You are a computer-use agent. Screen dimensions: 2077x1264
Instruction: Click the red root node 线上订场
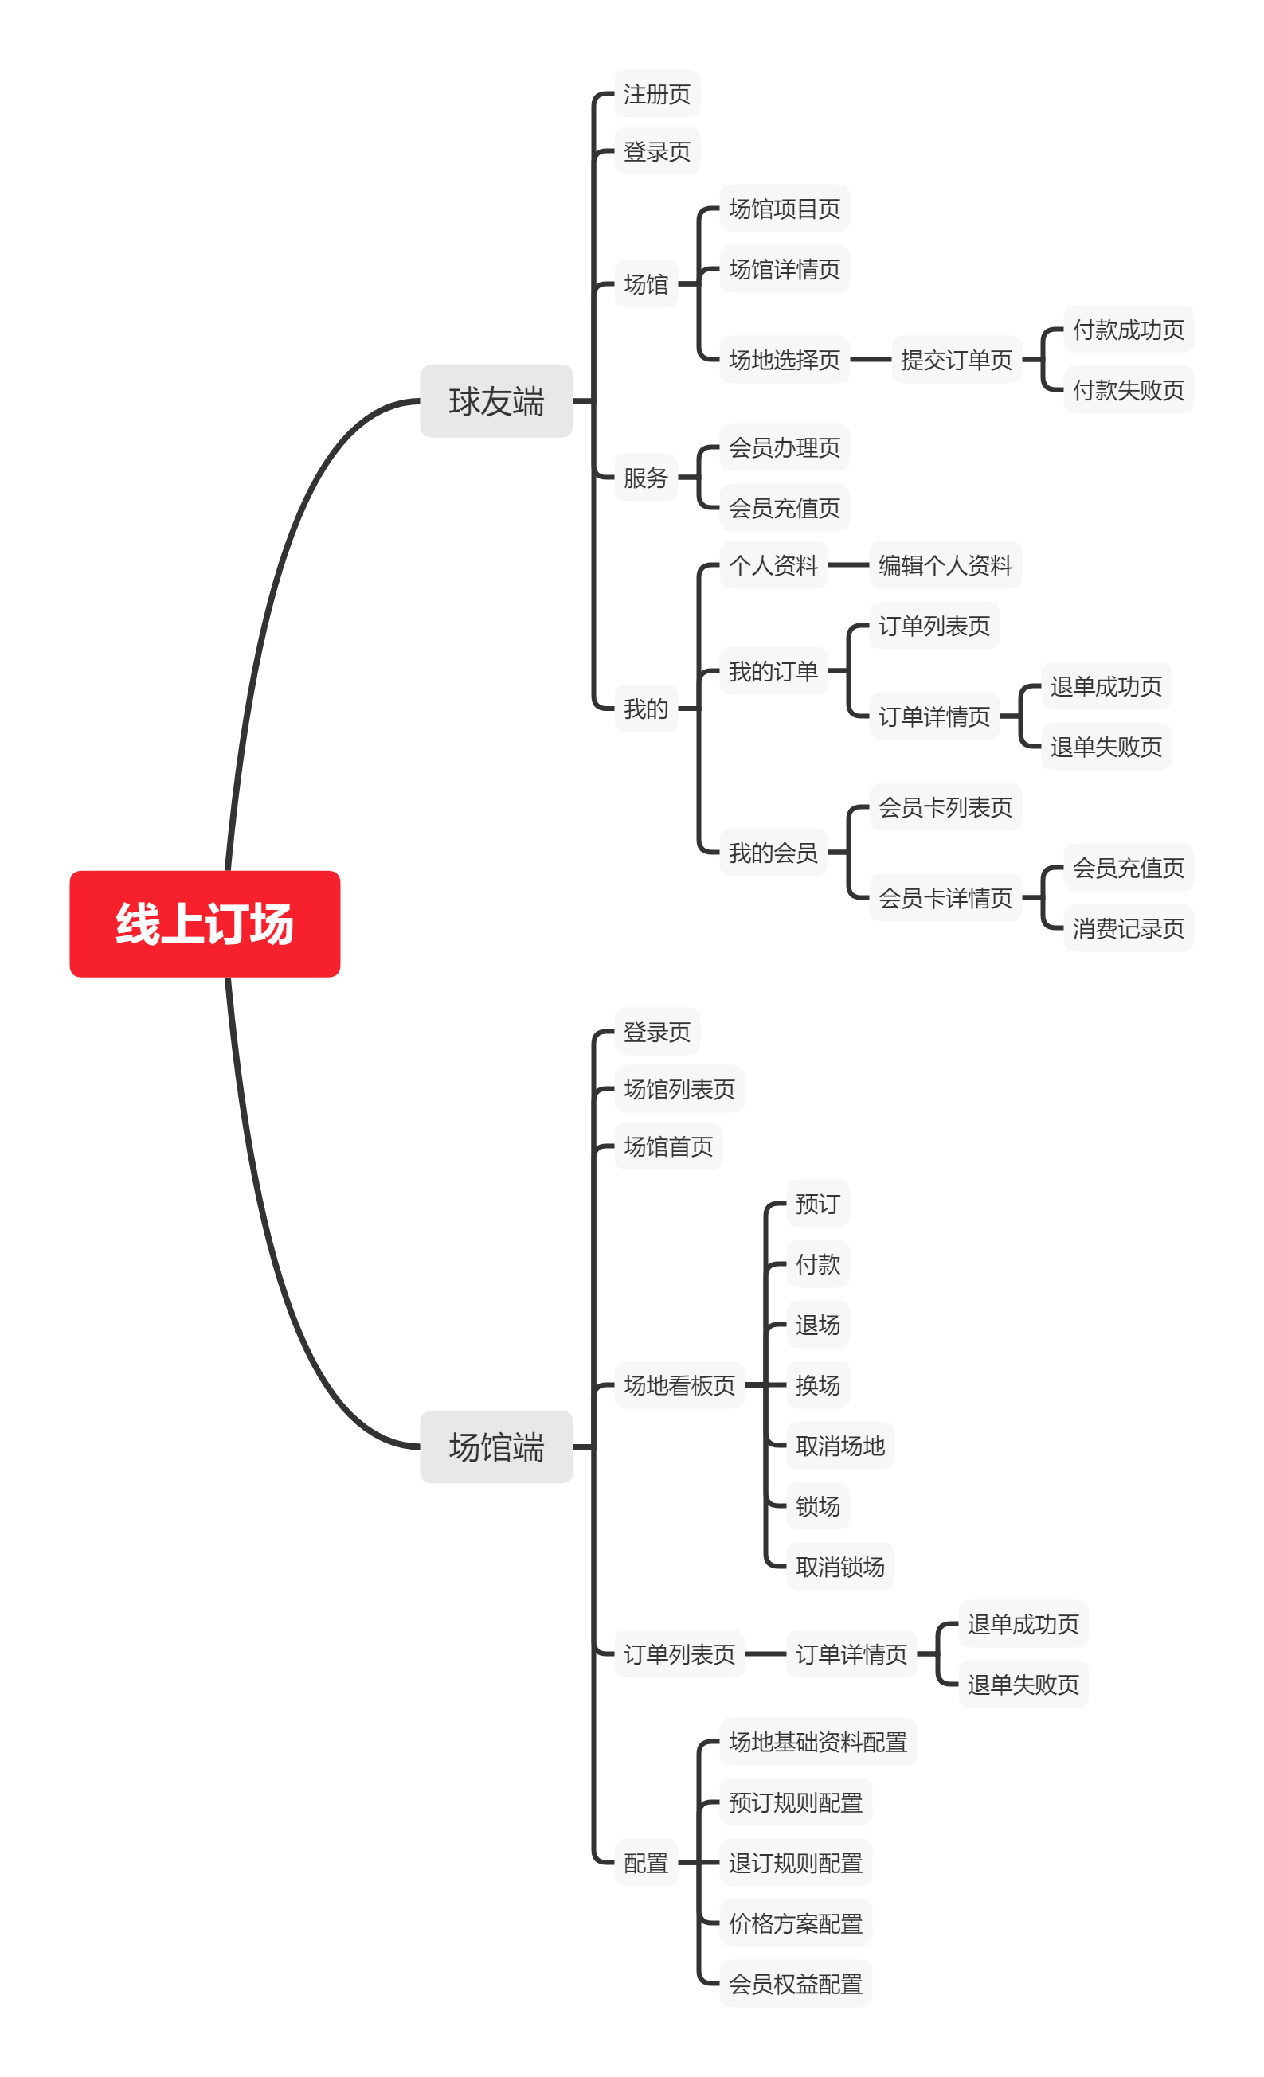204,923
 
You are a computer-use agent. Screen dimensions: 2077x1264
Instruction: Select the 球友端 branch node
496,401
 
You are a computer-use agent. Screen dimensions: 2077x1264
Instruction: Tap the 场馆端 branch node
496,1446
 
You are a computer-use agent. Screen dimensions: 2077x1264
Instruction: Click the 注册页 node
657,94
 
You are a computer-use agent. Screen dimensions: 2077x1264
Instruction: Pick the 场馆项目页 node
785,209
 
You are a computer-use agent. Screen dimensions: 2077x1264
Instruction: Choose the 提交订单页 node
957,360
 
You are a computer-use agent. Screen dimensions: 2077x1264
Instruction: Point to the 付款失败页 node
1129,389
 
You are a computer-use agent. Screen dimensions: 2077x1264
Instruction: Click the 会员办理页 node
785,447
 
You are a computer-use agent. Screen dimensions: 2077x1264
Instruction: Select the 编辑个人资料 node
945,564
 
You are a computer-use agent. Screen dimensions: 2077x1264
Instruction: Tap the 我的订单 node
773,671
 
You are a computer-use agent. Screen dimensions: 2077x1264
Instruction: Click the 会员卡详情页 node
945,898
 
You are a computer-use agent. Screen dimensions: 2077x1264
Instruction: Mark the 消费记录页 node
1129,928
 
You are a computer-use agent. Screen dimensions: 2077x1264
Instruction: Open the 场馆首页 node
667,1146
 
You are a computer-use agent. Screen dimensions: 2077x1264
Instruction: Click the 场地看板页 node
679,1385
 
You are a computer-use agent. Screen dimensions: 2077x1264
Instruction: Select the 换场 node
817,1385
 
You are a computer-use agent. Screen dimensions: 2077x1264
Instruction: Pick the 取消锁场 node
839,1567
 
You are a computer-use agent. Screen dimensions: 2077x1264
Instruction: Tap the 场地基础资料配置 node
817,1742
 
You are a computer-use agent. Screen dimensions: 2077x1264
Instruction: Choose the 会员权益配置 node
795,1983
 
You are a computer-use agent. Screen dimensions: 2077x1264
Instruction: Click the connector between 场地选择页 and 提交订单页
871,360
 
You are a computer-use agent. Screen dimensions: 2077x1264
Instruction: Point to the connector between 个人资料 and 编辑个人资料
847,564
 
